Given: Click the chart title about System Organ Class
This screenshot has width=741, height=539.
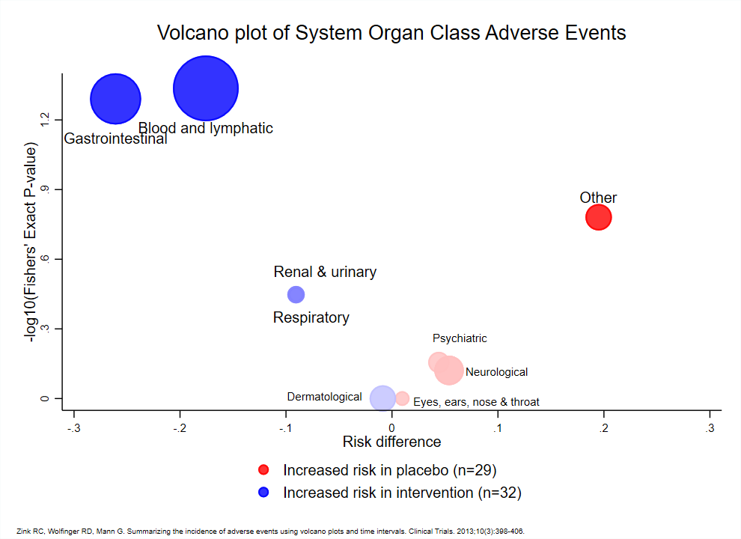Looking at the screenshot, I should [391, 33].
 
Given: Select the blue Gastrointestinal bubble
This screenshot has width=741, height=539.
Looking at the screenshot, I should [116, 99].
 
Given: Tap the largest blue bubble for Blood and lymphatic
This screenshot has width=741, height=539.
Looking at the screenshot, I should [205, 88].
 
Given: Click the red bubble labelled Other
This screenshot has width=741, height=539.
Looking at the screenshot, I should [598, 217].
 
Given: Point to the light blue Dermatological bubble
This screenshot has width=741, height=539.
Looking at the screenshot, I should [382, 398].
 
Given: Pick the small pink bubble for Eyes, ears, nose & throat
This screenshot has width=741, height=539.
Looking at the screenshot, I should [402, 398].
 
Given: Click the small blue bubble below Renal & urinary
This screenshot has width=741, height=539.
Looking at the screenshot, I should [296, 295].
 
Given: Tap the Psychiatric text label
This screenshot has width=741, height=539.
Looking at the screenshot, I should [460, 338].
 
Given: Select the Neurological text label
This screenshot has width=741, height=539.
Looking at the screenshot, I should [496, 372].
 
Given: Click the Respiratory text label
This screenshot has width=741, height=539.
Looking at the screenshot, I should [311, 318].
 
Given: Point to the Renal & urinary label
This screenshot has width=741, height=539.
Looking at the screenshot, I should [325, 272].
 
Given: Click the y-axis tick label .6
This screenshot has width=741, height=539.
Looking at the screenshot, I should [46, 259].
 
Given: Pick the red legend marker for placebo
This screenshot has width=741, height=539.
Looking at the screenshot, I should [263, 470].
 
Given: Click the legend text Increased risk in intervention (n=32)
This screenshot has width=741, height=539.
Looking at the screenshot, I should [402, 493].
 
